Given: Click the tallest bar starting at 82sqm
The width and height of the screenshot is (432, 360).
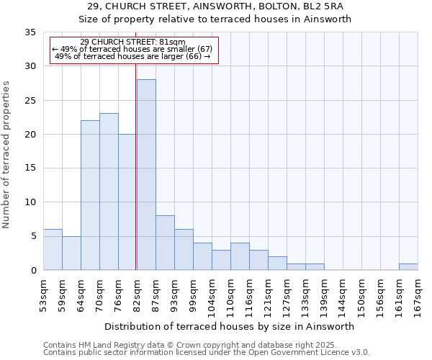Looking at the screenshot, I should [x=146, y=175].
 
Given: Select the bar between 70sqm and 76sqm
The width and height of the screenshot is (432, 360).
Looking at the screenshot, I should [x=109, y=192].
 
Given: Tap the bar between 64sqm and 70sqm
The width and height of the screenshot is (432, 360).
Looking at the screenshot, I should [x=90, y=195].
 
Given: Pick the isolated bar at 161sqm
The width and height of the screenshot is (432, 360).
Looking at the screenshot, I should [x=408, y=266].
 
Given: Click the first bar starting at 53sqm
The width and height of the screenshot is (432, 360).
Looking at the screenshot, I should [x=53, y=250].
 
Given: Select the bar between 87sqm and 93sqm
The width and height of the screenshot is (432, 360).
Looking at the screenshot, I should [x=165, y=243].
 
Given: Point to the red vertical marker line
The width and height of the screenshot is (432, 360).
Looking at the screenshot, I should [x=135, y=166].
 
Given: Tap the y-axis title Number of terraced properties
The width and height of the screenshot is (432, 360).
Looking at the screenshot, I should [x=6, y=155].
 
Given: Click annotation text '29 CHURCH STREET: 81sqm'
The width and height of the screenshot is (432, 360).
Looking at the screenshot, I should [x=132, y=42].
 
